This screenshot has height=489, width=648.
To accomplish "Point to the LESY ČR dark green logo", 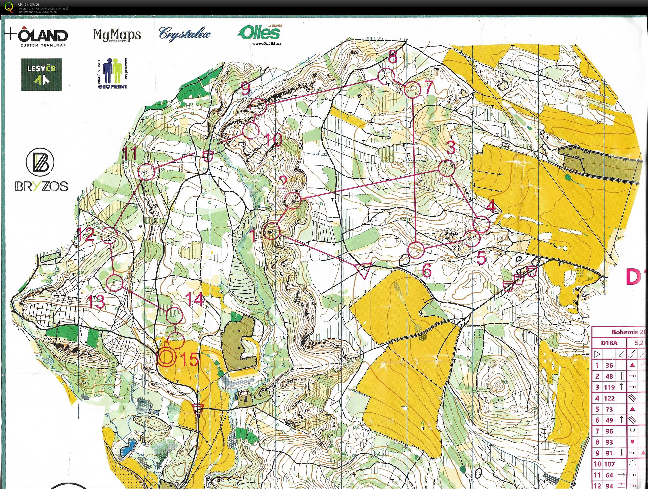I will click(42, 74).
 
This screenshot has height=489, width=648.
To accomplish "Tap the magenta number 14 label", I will click(195, 299).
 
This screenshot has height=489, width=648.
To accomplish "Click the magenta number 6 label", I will click(427, 271).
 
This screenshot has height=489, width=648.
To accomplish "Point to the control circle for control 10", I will click(251, 130).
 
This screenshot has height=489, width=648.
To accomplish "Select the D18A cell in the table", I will click(609, 343).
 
